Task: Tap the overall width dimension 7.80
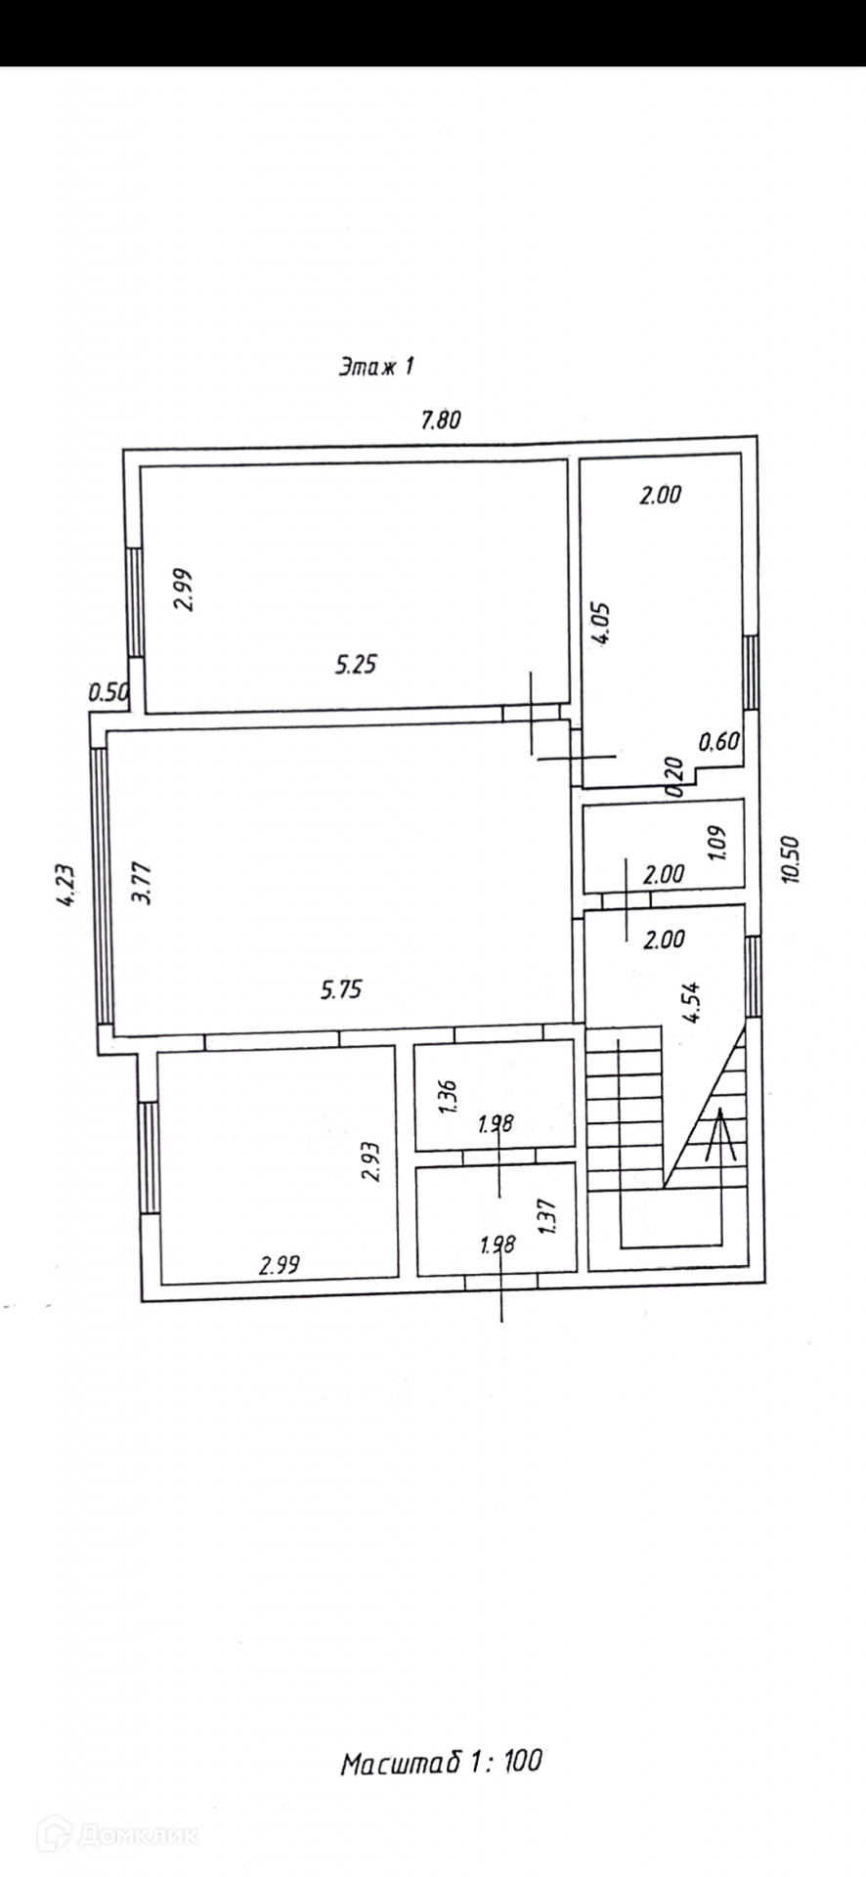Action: click(439, 420)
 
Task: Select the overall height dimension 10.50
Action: click(791, 859)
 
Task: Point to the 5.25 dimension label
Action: click(356, 665)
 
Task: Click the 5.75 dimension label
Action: click(341, 989)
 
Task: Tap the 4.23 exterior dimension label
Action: click(65, 886)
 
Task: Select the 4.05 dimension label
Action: click(604, 622)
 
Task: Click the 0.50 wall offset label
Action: click(108, 693)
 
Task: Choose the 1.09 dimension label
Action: click(718, 844)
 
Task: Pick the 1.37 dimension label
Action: click(548, 1217)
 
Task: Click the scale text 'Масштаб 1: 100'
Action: click(441, 1762)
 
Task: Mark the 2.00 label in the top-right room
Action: click(660, 495)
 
